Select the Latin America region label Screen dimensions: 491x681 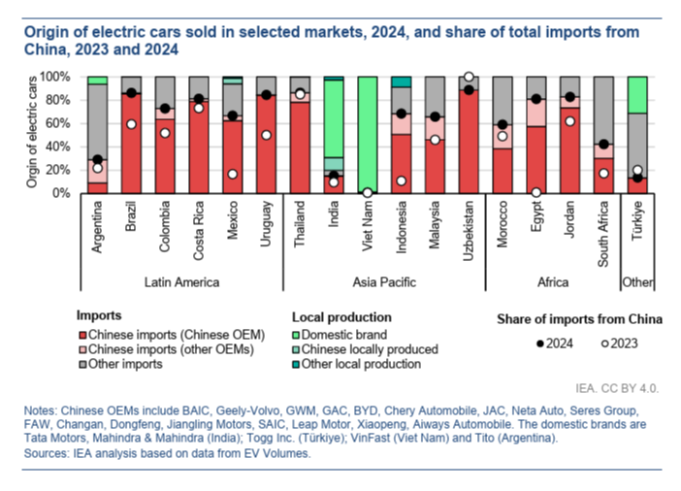point(181,282)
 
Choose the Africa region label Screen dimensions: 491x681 point(553,282)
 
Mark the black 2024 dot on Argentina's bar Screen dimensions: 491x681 point(97,159)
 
